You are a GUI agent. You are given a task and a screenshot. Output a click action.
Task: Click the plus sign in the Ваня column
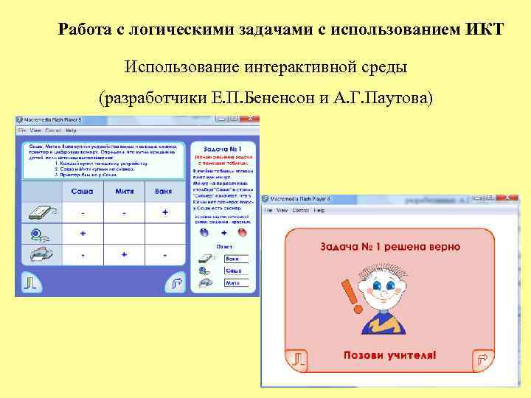pos(164,212)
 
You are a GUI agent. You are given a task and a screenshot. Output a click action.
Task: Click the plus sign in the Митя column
pos(125,254)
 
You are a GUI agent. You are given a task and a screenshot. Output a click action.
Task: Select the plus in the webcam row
pos(83,233)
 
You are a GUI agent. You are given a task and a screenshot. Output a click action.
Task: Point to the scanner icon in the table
pos(39,212)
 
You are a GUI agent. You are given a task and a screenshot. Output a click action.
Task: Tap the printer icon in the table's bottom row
pos(39,254)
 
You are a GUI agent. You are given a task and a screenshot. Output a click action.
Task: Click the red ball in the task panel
pos(242,231)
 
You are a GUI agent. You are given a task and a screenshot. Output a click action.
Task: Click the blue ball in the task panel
pos(204,231)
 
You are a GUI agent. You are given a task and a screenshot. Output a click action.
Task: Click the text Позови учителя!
pos(389,355)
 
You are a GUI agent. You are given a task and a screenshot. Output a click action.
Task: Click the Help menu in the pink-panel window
pos(319,210)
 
